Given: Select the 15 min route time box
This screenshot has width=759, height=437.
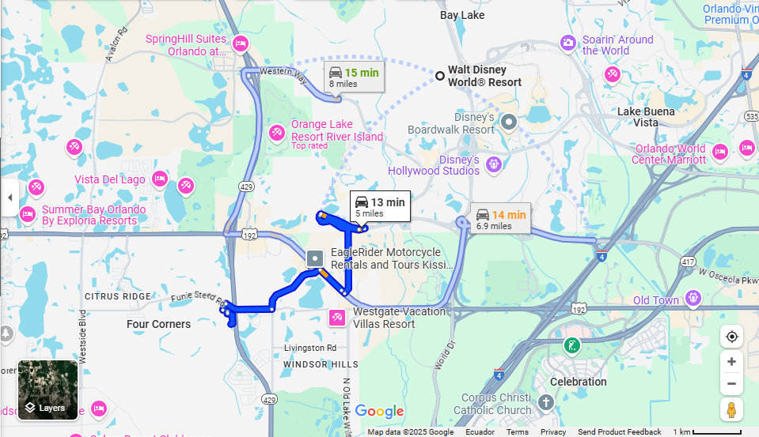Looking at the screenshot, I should click(354, 77).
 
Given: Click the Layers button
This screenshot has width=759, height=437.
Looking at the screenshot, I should click(48, 390).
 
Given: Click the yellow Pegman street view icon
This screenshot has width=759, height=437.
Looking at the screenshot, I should click(731, 409).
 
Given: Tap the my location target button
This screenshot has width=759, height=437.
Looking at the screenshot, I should click(731, 337).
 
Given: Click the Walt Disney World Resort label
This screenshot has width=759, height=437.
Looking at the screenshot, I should click(484, 76).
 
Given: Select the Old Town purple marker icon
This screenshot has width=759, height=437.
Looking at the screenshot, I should click(694, 298).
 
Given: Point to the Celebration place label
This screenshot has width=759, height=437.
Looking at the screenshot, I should click(578, 382).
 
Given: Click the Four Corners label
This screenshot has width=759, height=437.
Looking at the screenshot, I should click(158, 324).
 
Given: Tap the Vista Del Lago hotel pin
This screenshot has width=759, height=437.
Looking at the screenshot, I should click(160, 179).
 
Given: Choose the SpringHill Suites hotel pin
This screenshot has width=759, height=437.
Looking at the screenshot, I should click(241, 43).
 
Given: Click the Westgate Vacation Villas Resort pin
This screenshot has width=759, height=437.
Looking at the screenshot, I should click(336, 318).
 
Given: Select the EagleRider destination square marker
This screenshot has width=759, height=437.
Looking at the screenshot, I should click(315, 258).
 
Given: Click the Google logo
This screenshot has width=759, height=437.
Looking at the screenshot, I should click(379, 411).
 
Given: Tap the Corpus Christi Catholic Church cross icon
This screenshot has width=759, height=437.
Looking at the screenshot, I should click(545, 403).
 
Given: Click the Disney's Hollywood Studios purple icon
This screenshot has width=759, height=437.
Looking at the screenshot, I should click(493, 164).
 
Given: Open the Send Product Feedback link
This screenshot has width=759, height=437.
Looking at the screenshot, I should click(619, 432).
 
